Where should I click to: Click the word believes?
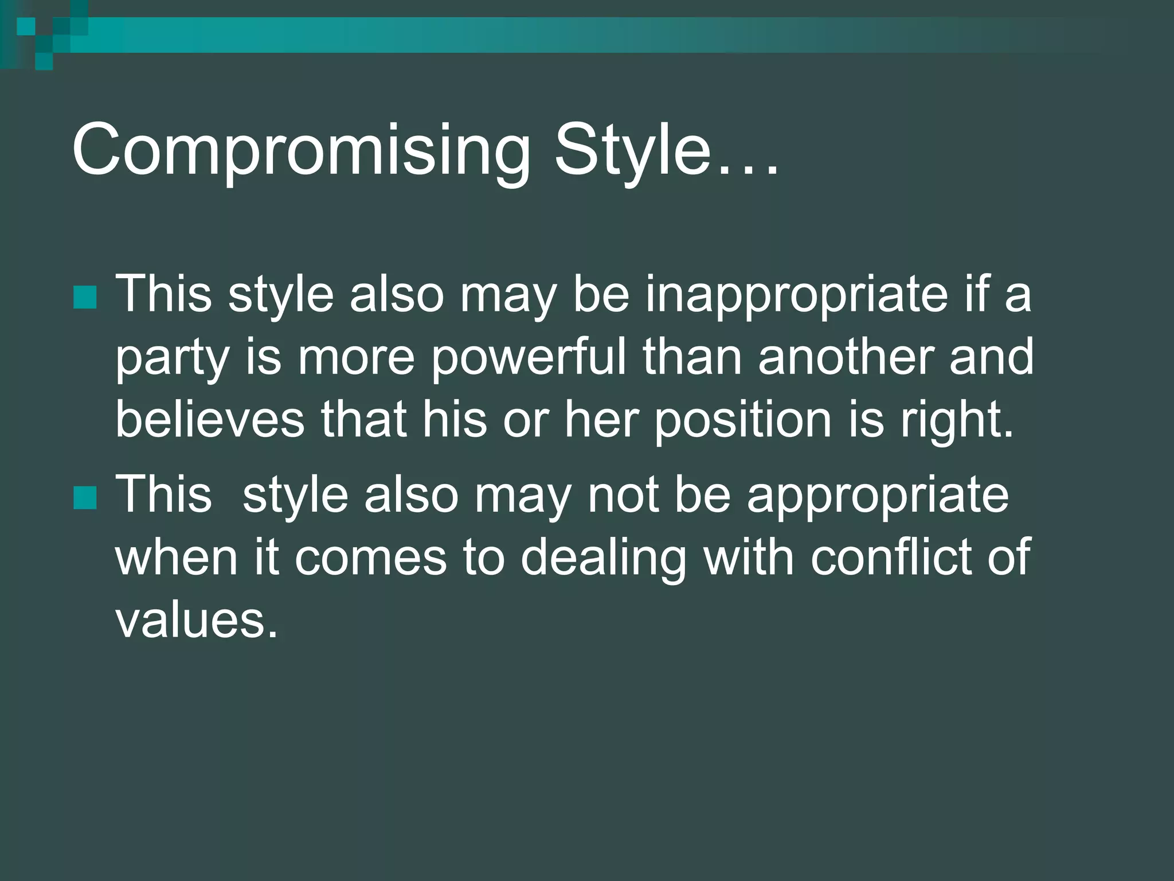(x=210, y=419)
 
